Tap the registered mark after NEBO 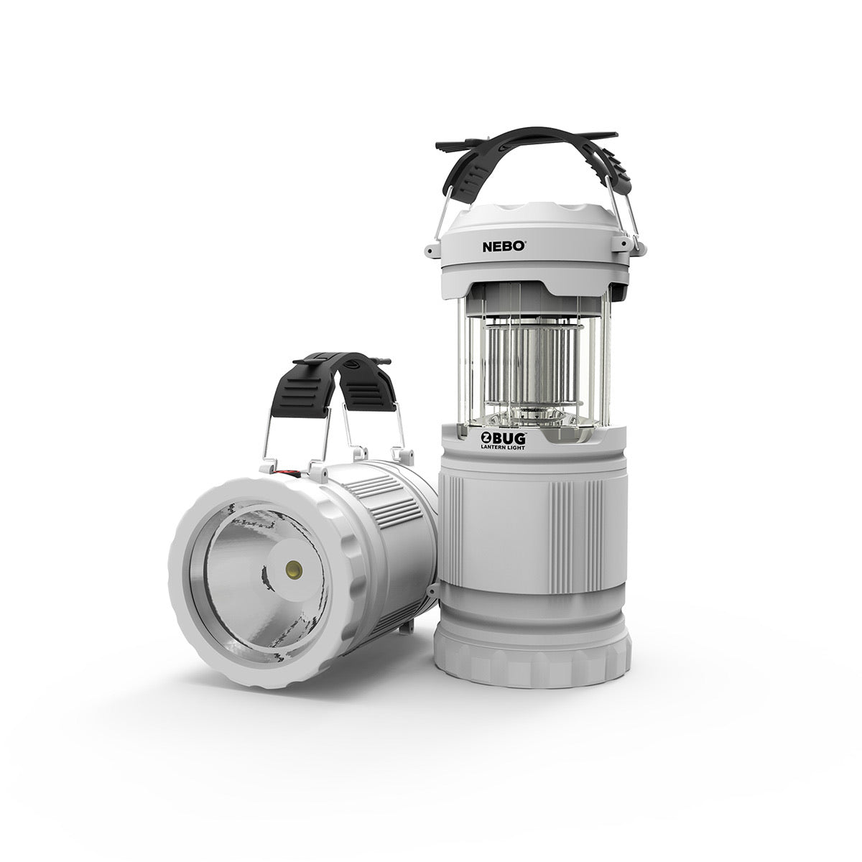coord(530,242)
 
